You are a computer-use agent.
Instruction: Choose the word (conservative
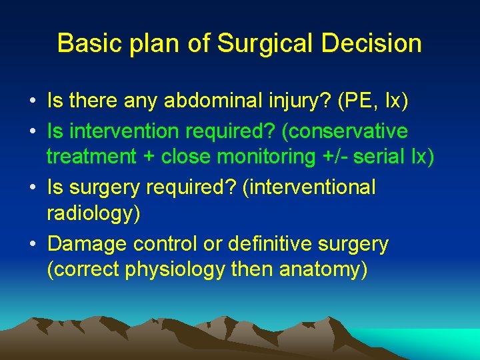point(345,130)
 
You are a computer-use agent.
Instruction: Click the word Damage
point(87,244)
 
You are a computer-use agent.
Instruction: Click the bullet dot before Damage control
point(33,245)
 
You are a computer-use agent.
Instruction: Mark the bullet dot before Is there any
point(33,102)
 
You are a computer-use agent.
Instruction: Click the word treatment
point(91,158)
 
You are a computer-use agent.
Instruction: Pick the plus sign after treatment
point(147,158)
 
